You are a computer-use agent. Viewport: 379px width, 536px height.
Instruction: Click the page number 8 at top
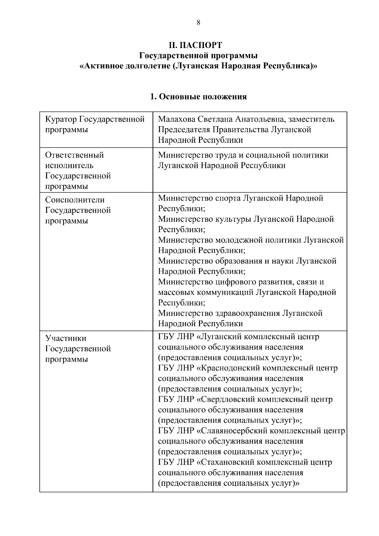198,22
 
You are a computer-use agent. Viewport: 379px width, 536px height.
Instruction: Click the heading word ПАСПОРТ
203,45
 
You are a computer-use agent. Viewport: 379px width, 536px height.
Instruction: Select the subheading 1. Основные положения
198,97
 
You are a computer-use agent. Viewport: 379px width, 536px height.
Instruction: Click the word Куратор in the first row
61,119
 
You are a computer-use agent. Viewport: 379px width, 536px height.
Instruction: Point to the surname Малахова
177,119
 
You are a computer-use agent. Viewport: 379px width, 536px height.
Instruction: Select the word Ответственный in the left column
75,155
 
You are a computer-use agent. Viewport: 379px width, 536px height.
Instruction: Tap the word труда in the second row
227,155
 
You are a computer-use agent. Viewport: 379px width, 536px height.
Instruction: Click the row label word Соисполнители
75,200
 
